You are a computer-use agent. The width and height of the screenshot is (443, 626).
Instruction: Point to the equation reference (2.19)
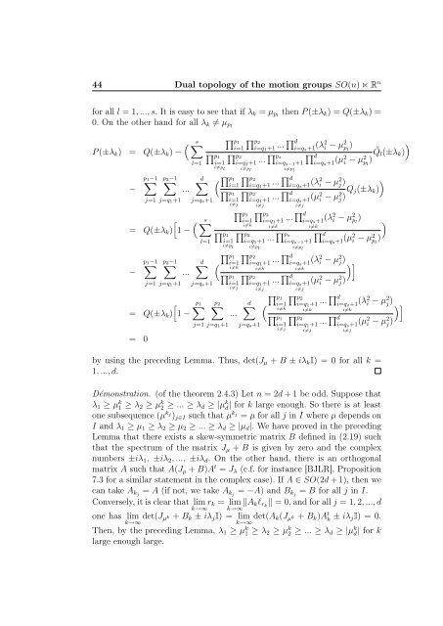point(363,530)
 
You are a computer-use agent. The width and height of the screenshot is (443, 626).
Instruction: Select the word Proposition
point(374,562)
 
